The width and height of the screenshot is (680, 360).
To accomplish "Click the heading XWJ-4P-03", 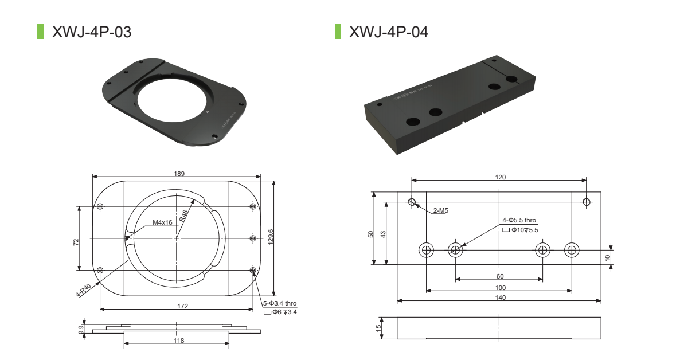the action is point(92,32).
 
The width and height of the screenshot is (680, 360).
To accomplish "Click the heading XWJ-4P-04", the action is point(389,32).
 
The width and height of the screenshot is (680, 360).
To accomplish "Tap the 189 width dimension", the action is point(179,174).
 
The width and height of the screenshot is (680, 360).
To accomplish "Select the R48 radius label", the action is point(183,216).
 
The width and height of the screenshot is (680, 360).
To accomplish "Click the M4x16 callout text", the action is point(162,222).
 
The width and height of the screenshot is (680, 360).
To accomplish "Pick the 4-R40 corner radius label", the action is point(83,291).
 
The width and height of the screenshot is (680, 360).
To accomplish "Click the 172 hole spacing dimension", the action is point(182,306).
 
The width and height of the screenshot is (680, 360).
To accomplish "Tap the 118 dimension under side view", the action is point(179,341).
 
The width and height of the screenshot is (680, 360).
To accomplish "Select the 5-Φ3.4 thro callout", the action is point(280,304).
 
